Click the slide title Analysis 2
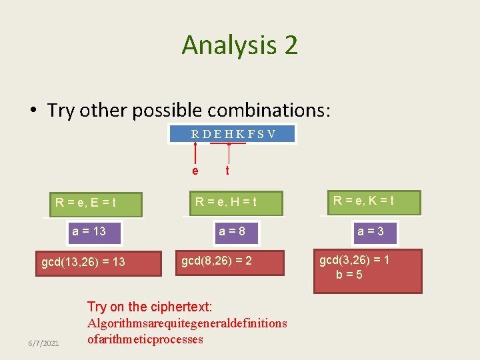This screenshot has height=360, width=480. (239, 45)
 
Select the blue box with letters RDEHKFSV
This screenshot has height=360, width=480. (233, 134)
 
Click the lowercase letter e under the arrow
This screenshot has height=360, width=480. (195, 171)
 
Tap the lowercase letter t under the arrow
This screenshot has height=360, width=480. (228, 171)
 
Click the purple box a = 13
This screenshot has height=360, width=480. (89, 231)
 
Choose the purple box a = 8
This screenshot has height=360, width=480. (233, 231)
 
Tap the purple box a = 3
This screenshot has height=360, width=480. (370, 232)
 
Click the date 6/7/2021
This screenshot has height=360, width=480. (43, 343)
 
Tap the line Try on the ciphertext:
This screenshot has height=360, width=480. (149, 307)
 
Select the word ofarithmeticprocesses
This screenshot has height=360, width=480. (145, 339)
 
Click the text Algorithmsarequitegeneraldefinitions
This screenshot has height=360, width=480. (187, 323)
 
